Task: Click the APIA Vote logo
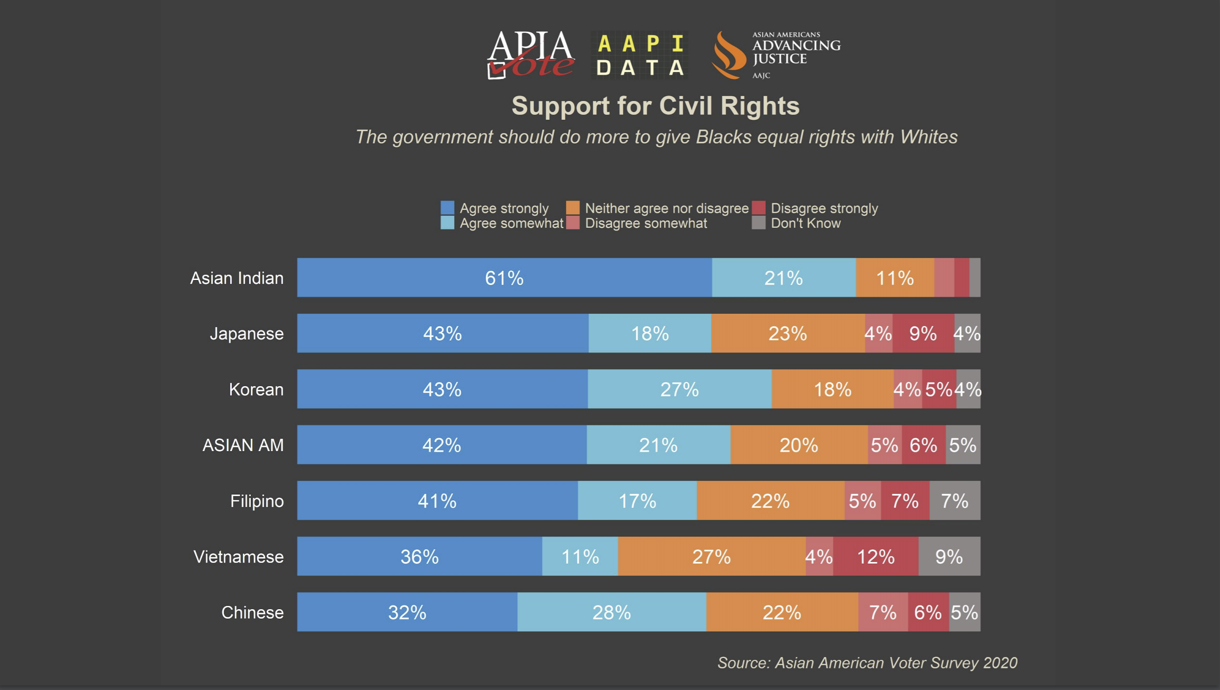point(531,55)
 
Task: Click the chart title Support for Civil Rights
point(655,105)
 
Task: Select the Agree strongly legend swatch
point(447,208)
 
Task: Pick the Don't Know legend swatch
point(758,223)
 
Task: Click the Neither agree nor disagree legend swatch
point(572,208)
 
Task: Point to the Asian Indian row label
point(237,278)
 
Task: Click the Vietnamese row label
point(238,557)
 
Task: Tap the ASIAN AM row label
point(243,446)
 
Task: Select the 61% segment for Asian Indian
point(504,278)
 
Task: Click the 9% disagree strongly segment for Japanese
point(923,334)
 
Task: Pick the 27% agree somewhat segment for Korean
point(680,390)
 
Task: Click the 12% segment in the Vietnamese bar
point(875,557)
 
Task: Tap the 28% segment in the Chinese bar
point(612,612)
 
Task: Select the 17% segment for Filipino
point(637,501)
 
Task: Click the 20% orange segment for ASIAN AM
point(799,446)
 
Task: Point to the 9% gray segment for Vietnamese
point(949,557)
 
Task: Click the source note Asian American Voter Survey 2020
point(867,663)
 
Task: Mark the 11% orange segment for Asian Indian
point(894,278)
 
